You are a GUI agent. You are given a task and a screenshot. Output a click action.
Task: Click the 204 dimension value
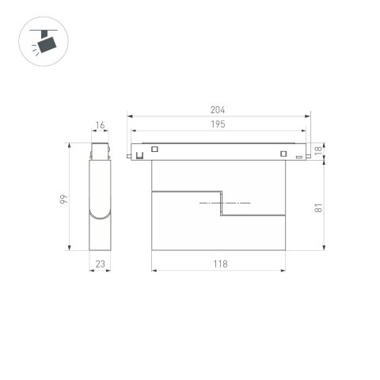tap(218, 111)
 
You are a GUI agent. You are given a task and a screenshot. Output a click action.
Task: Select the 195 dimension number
tap(218, 125)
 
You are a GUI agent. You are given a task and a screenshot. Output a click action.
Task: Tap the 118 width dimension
tap(219, 264)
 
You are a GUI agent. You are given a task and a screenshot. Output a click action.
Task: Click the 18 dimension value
tap(317, 150)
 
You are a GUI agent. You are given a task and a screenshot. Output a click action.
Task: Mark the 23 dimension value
tap(100, 264)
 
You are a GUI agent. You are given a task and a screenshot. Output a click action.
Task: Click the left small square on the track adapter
tap(155, 150)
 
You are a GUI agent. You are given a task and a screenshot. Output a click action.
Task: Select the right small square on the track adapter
tap(283, 153)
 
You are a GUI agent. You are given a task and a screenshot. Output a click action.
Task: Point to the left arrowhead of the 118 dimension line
tap(153, 271)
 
